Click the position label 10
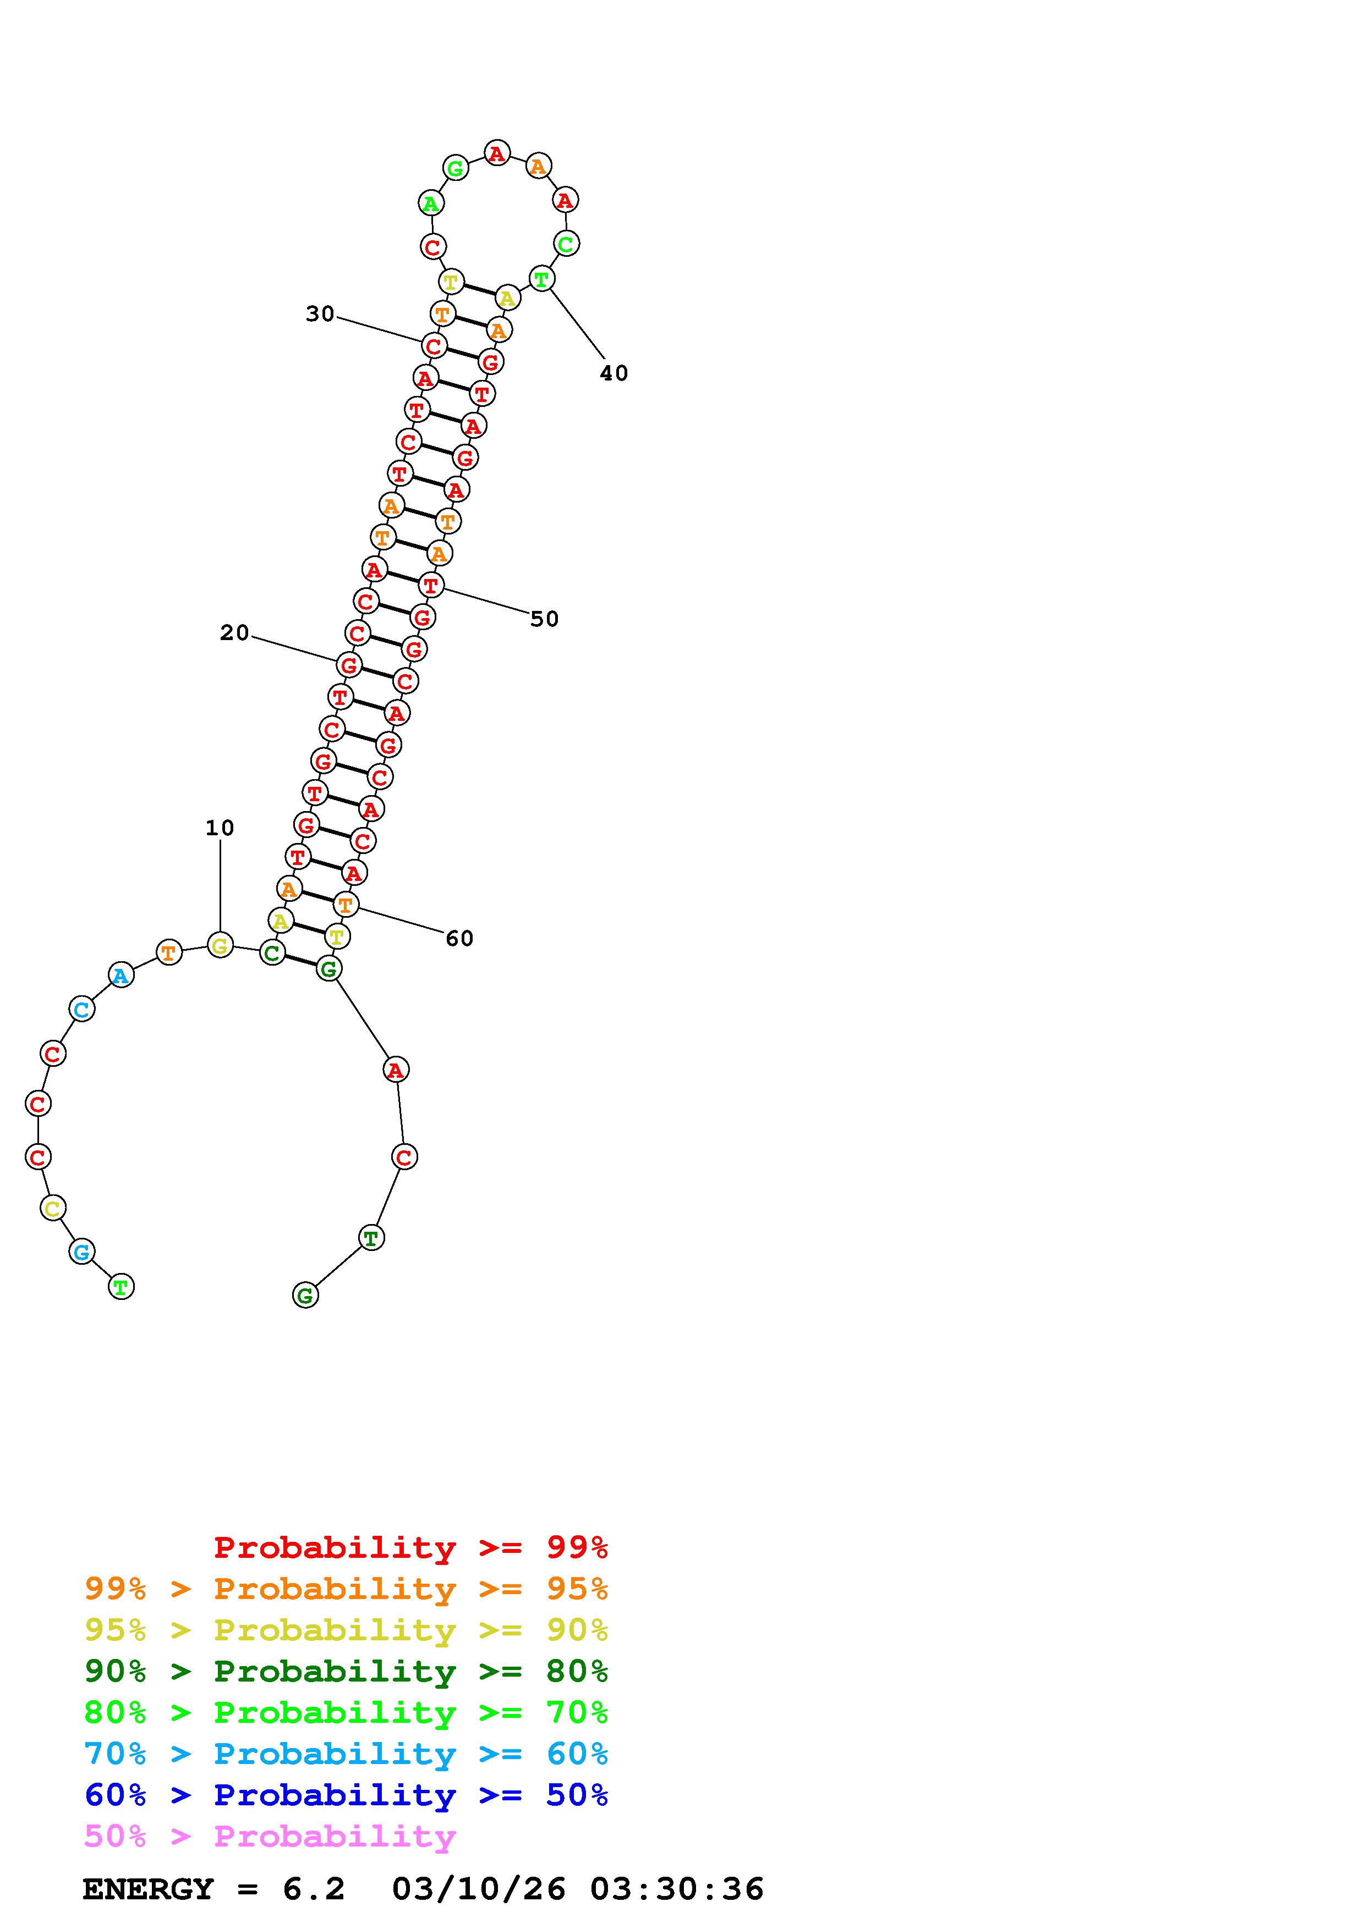(x=220, y=828)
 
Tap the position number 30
(x=320, y=313)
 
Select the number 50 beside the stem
(x=545, y=619)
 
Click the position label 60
(x=459, y=939)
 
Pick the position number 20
(x=234, y=632)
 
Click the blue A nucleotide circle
(x=121, y=975)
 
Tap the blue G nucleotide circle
(x=81, y=1252)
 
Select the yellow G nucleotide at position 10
(x=220, y=945)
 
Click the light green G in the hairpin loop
(x=456, y=168)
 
